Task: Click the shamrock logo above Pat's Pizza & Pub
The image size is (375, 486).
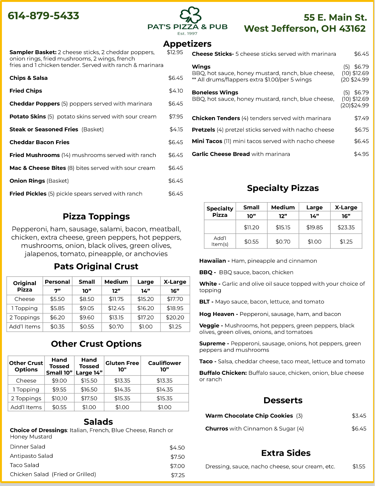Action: click(x=190, y=15)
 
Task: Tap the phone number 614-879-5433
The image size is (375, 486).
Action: click(x=43, y=16)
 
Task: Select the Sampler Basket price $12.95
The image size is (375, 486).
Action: click(x=175, y=52)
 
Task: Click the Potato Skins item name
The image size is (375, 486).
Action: click(x=28, y=117)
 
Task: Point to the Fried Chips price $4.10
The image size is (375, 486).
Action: click(x=176, y=91)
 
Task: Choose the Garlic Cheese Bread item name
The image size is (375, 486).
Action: click(x=221, y=154)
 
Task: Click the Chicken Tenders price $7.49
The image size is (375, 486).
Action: click(x=361, y=118)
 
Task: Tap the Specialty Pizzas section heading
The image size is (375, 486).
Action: click(x=283, y=188)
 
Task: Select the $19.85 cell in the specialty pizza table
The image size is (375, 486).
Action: click(x=314, y=227)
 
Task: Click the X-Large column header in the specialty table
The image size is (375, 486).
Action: click(x=346, y=207)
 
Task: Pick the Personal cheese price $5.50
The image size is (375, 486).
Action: click(x=57, y=299)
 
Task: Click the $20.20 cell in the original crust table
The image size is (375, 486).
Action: click(x=175, y=317)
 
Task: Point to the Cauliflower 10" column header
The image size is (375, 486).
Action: click(x=164, y=366)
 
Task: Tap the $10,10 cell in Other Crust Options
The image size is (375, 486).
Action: click(x=59, y=398)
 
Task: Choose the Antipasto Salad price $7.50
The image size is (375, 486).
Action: click(x=177, y=457)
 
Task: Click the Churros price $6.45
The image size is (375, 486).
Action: click(x=359, y=429)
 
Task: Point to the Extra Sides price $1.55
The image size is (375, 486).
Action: click(x=359, y=466)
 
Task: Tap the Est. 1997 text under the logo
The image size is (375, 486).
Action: click(x=187, y=34)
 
